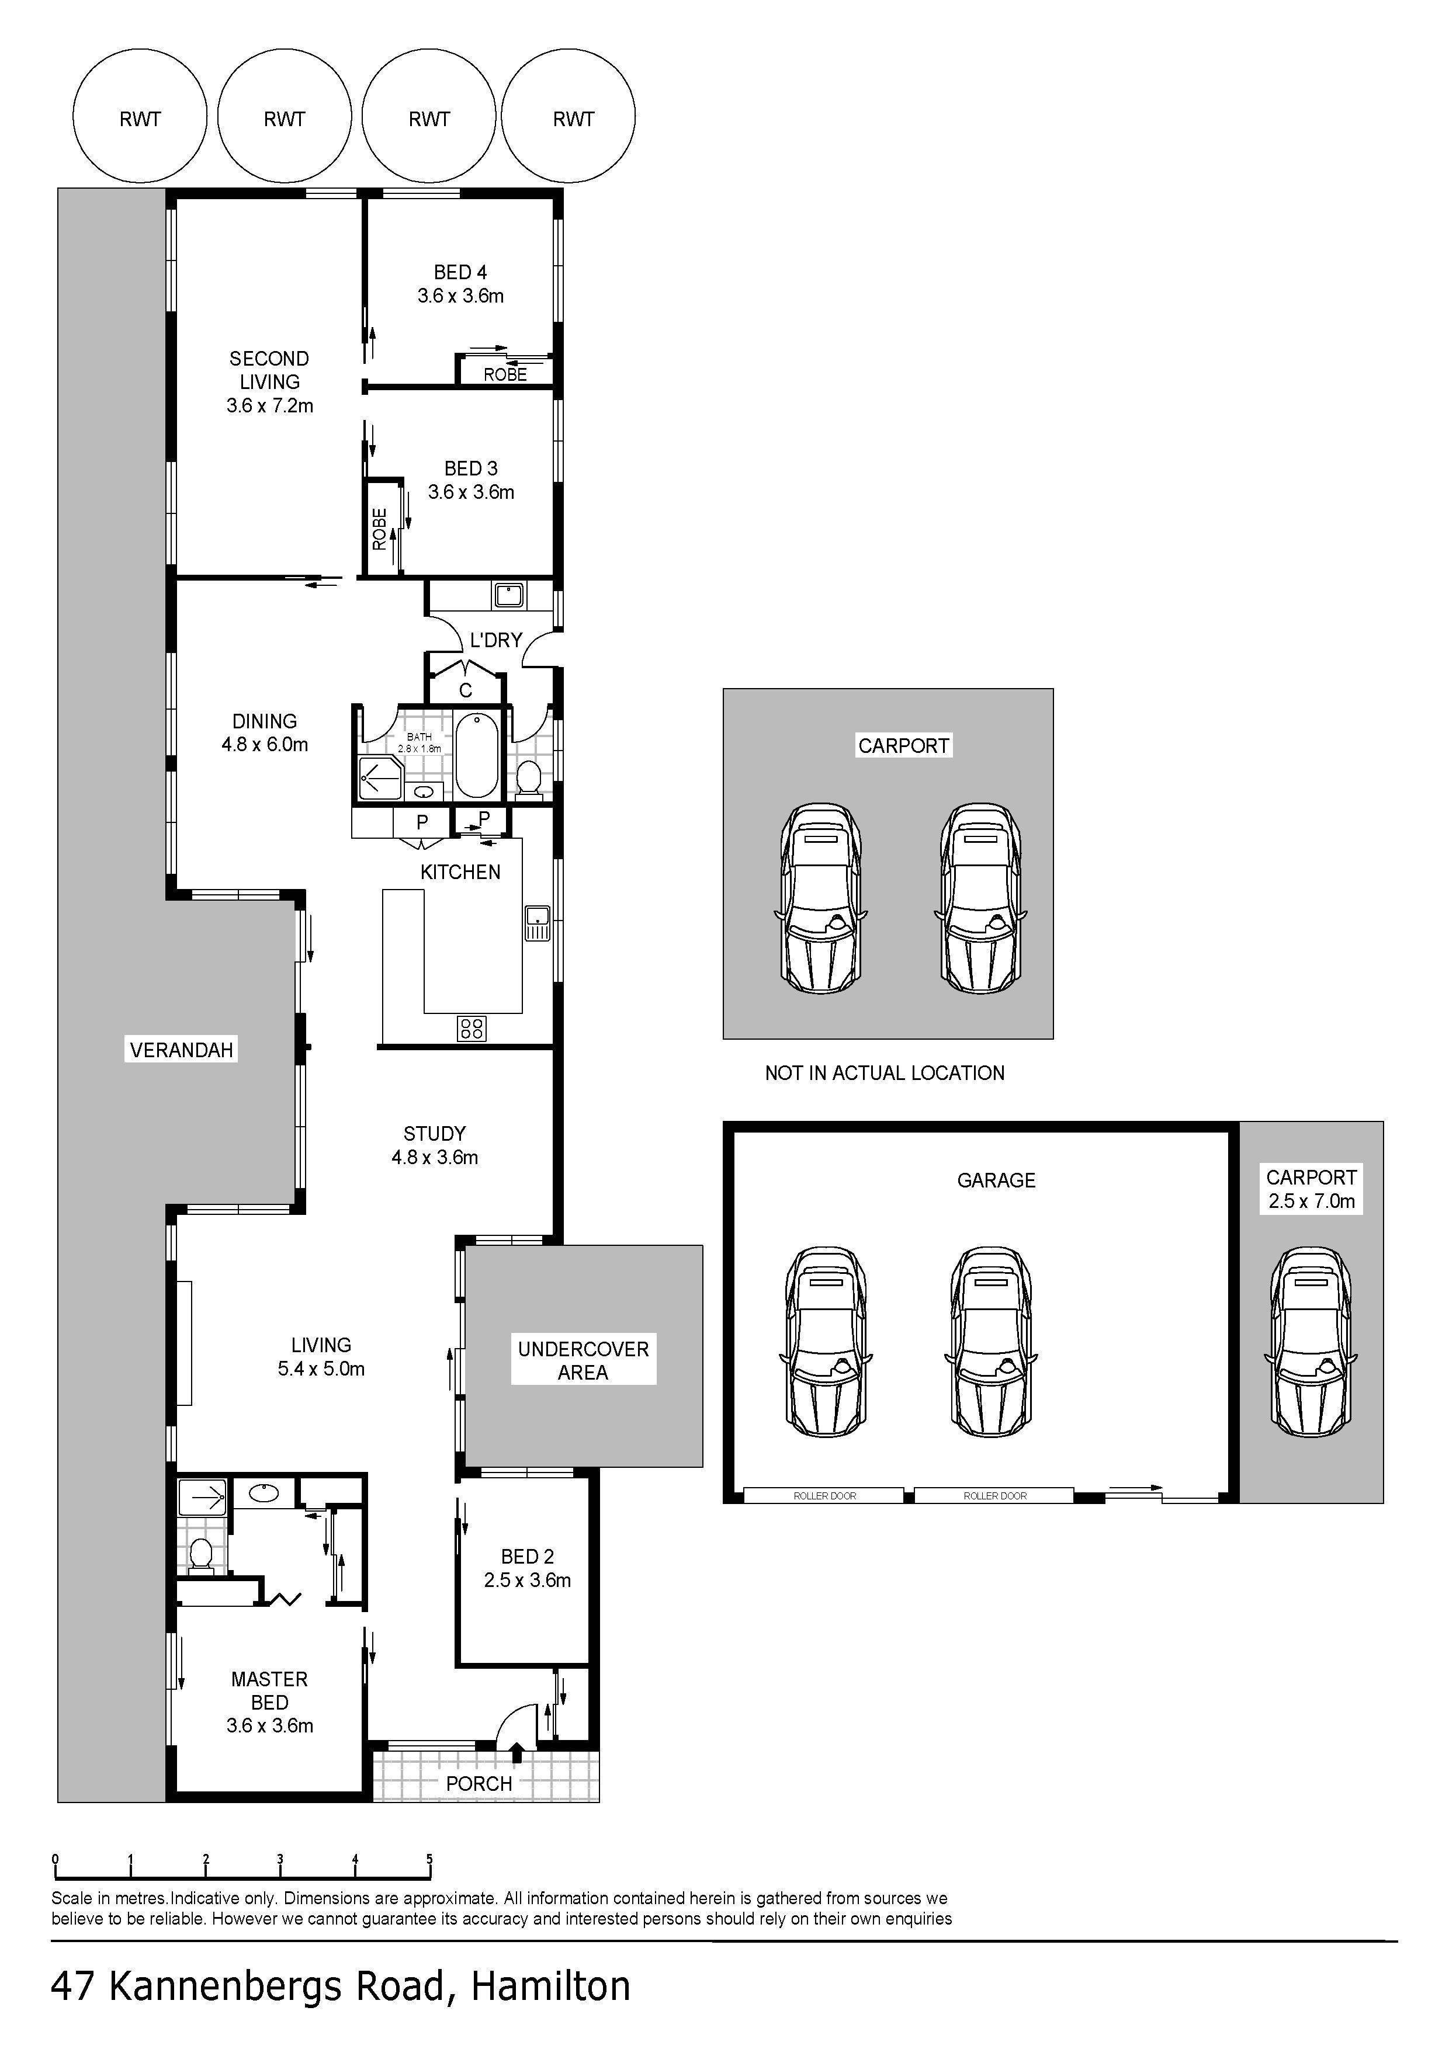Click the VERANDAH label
(x=181, y=1050)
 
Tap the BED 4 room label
(x=460, y=272)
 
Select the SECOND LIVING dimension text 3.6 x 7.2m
(x=269, y=405)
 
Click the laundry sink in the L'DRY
(x=510, y=595)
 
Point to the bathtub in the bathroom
(x=477, y=755)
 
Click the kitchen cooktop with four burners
(x=472, y=1029)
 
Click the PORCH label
(x=480, y=1783)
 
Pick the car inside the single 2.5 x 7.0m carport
(x=1311, y=1341)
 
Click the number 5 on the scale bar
(x=429, y=1860)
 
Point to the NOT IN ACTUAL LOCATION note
(x=885, y=1073)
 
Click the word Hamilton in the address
(x=551, y=1986)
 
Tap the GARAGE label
(x=996, y=1180)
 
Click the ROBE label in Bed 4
(x=505, y=375)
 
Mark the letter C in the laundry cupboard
(x=465, y=690)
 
